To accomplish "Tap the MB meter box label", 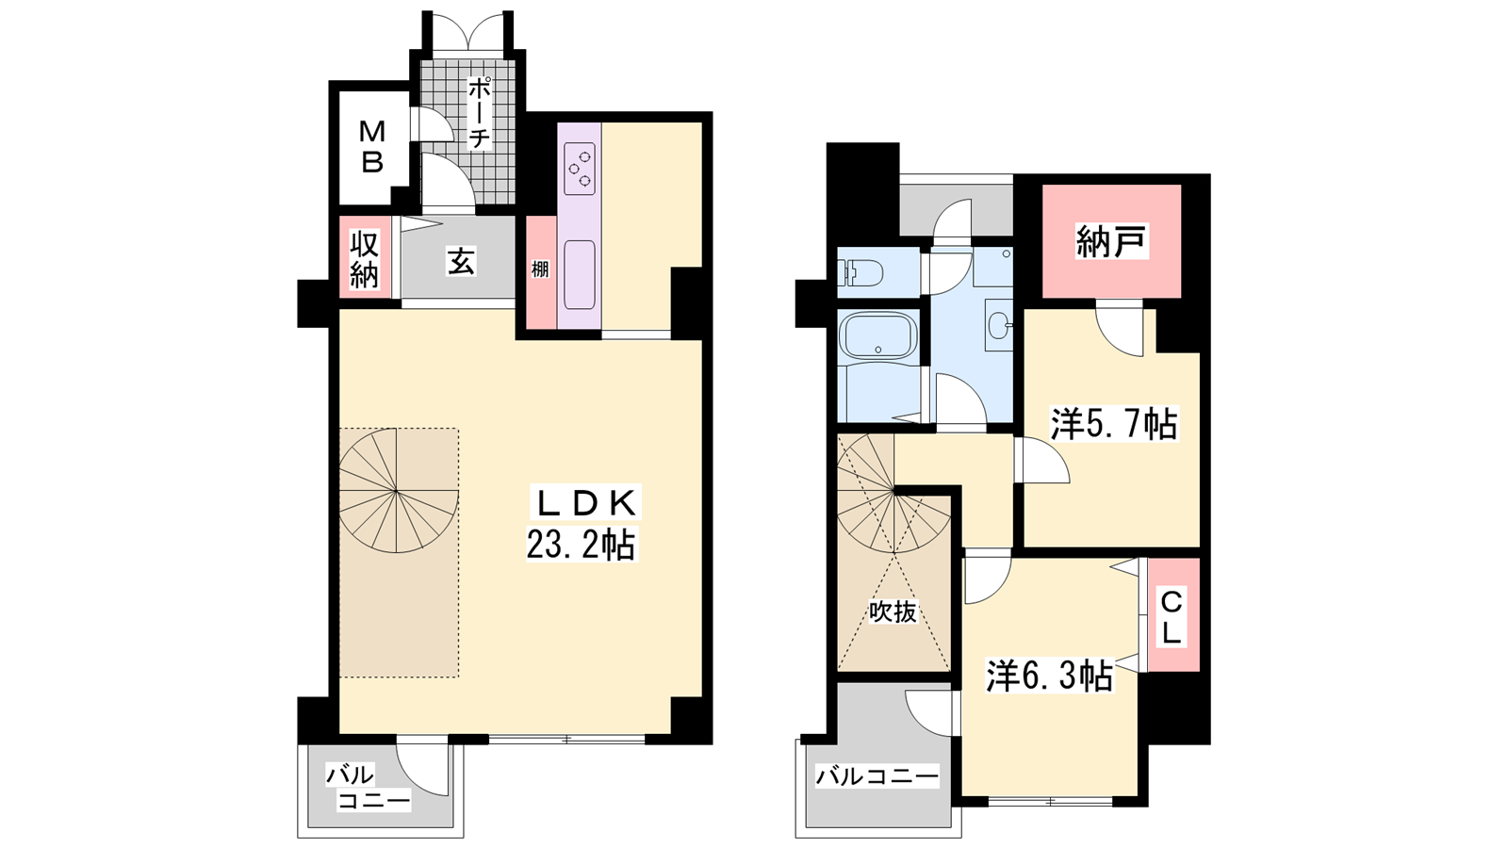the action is point(371,147).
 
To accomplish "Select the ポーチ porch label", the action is point(479,112).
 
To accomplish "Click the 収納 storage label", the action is point(364,259).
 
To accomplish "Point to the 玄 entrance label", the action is point(461,262).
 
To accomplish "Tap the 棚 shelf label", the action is point(540,269).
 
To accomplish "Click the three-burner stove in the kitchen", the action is point(580,169).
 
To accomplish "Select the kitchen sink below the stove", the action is point(580,274).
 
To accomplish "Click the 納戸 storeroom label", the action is point(1111,241).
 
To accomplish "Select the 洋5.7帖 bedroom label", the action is point(1114,424).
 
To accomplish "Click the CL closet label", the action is point(1172,616).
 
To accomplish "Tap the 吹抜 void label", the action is point(893,612).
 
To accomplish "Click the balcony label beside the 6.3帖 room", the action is point(877,776).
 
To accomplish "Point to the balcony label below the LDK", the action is point(368,788).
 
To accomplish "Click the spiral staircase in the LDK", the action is point(399,491).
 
